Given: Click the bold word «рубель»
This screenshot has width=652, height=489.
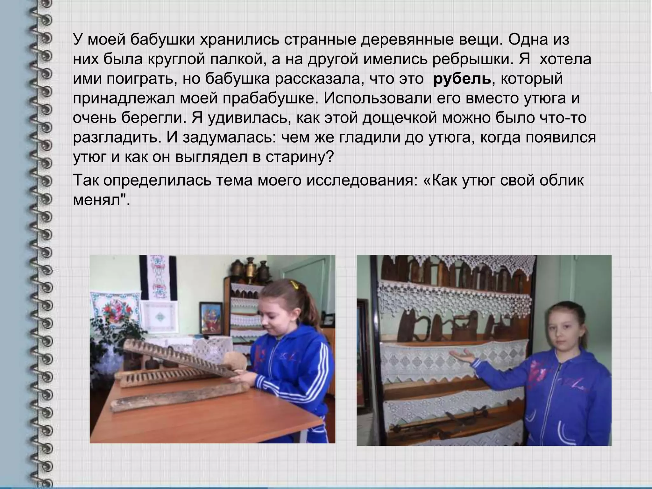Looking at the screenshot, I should point(462,79).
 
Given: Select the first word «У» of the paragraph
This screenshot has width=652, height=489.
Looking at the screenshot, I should point(78,40).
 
